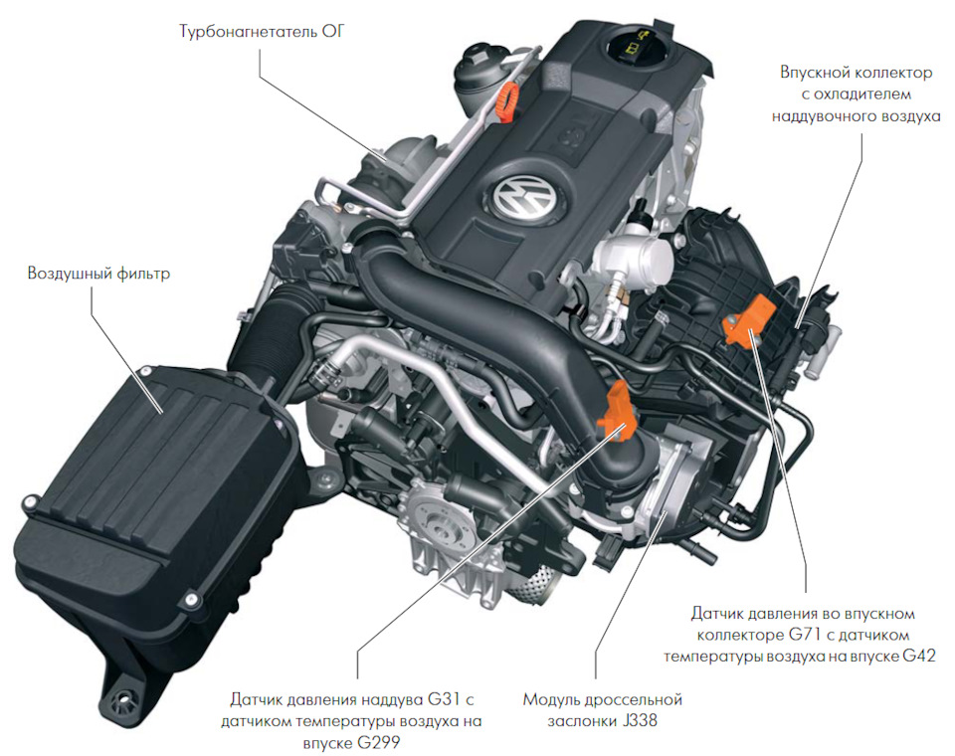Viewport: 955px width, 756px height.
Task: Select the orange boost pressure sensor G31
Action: pyautogui.click(x=618, y=409)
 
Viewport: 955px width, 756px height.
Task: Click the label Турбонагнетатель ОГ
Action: pyautogui.click(x=264, y=31)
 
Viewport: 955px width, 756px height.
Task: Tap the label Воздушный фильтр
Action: pyautogui.click(x=98, y=272)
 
